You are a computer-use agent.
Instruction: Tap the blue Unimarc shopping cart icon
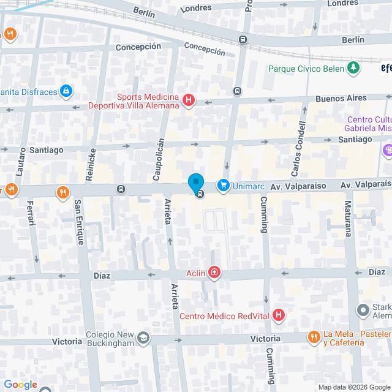click(x=223, y=184)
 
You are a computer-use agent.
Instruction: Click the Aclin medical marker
click(x=214, y=272)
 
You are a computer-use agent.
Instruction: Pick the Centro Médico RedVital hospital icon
click(x=279, y=316)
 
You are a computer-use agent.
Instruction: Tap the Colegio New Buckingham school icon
click(x=143, y=337)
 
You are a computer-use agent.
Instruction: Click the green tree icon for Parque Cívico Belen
click(x=353, y=68)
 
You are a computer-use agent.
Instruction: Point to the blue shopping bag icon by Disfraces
click(x=66, y=92)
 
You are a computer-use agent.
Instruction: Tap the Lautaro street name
click(x=23, y=163)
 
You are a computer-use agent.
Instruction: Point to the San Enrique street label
click(x=78, y=222)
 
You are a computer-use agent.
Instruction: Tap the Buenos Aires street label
click(x=341, y=98)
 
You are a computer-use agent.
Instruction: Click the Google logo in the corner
click(x=20, y=385)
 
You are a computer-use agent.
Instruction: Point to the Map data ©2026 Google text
click(x=353, y=387)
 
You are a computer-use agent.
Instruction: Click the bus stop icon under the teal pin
click(x=200, y=194)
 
